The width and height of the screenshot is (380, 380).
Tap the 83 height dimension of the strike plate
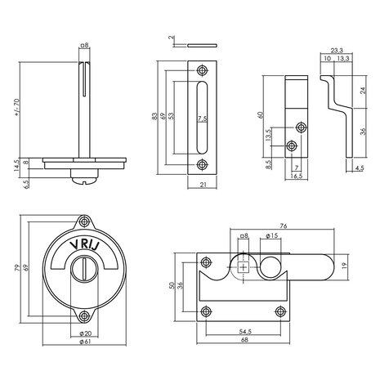click(154, 118)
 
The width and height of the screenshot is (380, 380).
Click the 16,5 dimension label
click(300, 174)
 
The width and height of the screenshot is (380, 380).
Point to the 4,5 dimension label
click(360, 169)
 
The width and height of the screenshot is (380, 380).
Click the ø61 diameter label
click(86, 341)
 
